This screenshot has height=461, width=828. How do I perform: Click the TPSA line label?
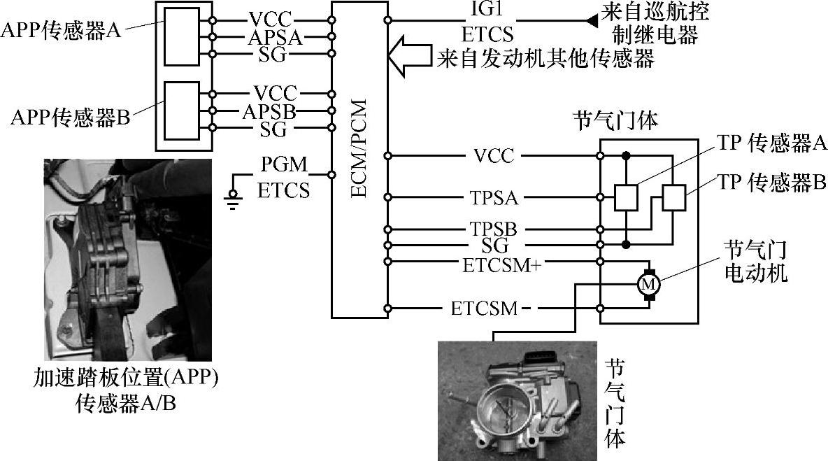pyautogui.click(x=494, y=198)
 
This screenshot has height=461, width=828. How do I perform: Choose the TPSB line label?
pyautogui.click(x=494, y=229)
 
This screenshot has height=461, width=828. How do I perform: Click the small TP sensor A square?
pyautogui.click(x=626, y=198)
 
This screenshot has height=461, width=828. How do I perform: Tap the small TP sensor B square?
pyautogui.click(x=673, y=198)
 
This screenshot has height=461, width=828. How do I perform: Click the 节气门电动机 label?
pyautogui.click(x=755, y=260)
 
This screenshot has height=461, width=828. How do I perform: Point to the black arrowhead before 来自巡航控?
pyautogui.click(x=592, y=22)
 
